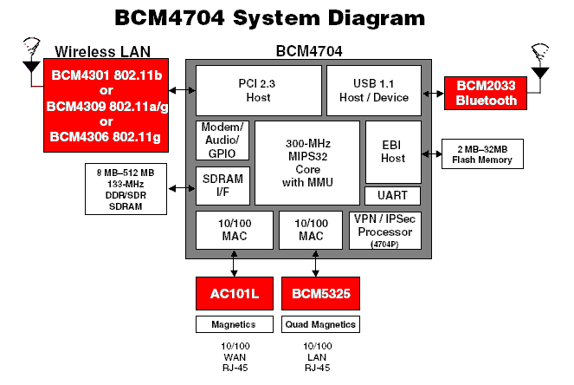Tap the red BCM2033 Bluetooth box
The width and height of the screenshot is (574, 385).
click(x=480, y=93)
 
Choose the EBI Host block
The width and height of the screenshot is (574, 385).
click(x=393, y=151)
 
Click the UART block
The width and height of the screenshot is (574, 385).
click(x=393, y=194)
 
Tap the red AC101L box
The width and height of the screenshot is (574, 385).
click(x=235, y=294)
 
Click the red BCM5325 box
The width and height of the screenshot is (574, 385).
click(x=319, y=294)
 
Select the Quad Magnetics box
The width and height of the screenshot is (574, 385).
click(x=319, y=325)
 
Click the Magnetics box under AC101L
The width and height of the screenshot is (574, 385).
click(x=234, y=325)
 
